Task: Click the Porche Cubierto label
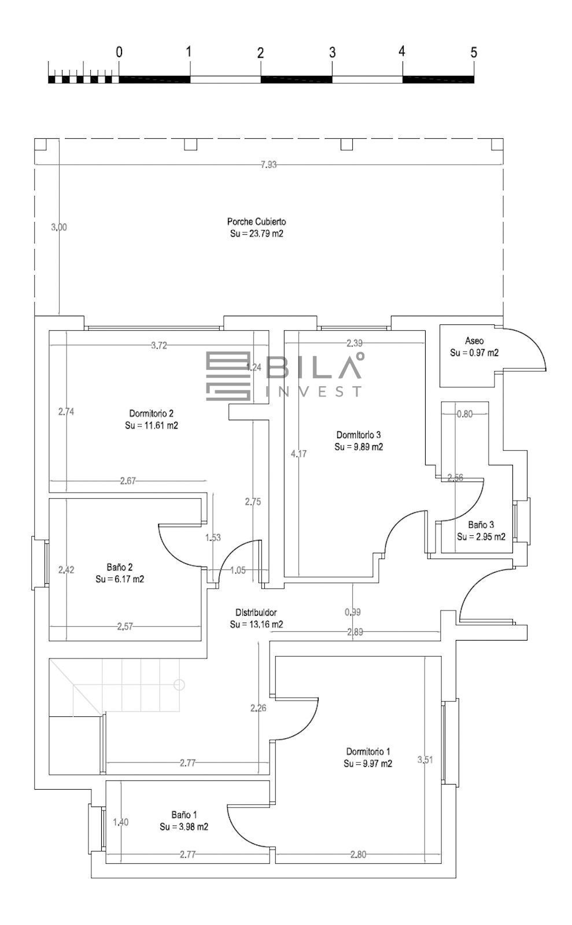(256, 221)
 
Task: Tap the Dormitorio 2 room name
(152, 413)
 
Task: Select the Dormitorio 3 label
(359, 435)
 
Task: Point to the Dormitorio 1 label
(368, 752)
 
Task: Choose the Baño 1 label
(184, 815)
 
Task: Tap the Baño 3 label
(481, 525)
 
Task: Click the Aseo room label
(474, 341)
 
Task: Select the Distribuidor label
(256, 612)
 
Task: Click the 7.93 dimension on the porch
(269, 164)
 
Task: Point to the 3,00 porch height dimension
(59, 227)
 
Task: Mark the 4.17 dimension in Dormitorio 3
(298, 454)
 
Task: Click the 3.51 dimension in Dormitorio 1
(425, 760)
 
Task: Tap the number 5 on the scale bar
(474, 53)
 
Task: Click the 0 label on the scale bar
(119, 52)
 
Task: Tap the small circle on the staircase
(179, 684)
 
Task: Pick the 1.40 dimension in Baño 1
(121, 822)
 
